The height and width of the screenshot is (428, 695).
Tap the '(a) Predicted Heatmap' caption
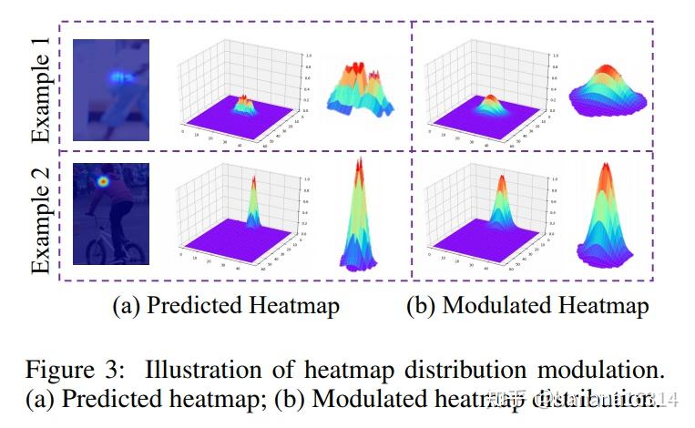pyautogui.click(x=226, y=305)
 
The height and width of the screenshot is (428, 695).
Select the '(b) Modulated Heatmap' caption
pyautogui.click(x=527, y=305)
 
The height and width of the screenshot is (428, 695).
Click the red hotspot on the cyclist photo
pyautogui.click(x=103, y=182)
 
